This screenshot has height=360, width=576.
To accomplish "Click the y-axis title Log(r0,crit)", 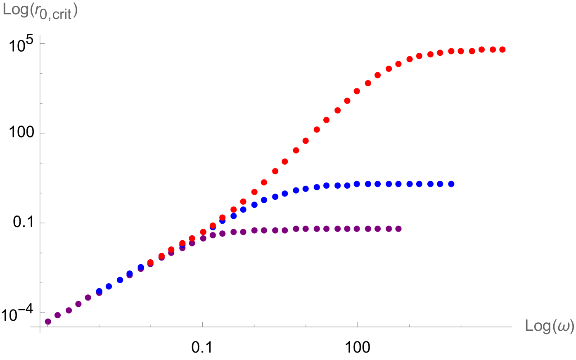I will click(40, 11).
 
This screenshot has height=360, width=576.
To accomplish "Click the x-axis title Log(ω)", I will click(549, 326).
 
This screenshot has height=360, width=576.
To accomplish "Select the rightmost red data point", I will click(502, 50).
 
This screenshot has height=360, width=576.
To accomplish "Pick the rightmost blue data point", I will click(451, 184).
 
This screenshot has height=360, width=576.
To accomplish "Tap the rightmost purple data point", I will click(398, 229).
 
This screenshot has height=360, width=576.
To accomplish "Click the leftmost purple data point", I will click(48, 322).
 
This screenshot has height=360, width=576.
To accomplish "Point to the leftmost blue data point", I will click(99, 291).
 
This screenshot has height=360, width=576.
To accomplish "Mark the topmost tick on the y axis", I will click(42, 43).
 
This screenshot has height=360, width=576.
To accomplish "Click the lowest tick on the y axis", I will click(42, 313).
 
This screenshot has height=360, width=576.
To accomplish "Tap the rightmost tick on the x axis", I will click(461, 325).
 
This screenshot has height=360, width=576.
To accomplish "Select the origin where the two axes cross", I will click(40, 327).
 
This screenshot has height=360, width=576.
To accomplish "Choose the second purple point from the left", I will click(58, 315).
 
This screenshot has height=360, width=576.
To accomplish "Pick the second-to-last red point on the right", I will click(493, 50).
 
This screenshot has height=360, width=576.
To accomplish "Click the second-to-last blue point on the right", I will click(440, 184).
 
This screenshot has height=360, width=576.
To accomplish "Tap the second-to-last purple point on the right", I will click(389, 229).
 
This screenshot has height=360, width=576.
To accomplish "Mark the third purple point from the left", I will click(69, 310).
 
